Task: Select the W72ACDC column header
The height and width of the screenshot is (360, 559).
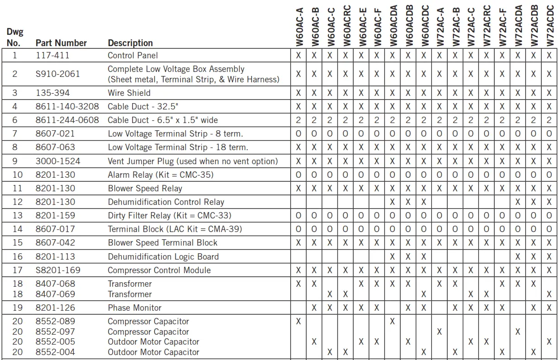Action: coord(550,25)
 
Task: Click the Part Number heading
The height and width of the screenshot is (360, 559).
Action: coord(61,43)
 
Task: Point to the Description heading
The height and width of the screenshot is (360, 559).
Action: coord(130,43)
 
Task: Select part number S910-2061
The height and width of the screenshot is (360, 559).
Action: coord(57,74)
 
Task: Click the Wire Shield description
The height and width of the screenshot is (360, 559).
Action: coord(129,93)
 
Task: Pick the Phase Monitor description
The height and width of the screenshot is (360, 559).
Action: coord(134,308)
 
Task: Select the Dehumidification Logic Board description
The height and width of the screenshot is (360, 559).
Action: coord(163,256)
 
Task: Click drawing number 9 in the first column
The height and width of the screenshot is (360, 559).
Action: coord(14,161)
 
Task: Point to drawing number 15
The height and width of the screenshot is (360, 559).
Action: coord(17,243)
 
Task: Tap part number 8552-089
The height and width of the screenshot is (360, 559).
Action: coord(55,322)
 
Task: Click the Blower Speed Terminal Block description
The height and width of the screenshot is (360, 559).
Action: coord(162,243)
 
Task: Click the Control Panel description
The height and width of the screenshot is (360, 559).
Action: coord(133,56)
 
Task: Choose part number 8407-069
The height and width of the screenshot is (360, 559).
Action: coord(55,294)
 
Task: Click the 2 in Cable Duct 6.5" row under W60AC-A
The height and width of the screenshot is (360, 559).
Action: coord(298,120)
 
